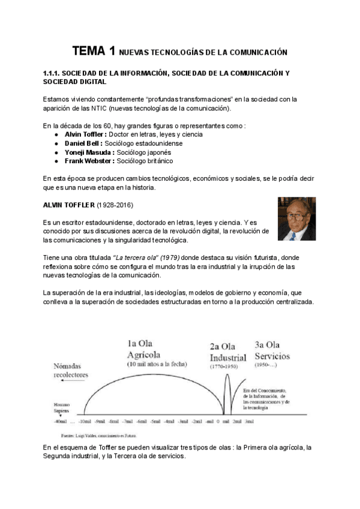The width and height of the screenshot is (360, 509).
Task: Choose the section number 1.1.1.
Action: pos(53,73)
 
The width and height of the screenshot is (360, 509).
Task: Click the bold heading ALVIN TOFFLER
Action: pos(70,205)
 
